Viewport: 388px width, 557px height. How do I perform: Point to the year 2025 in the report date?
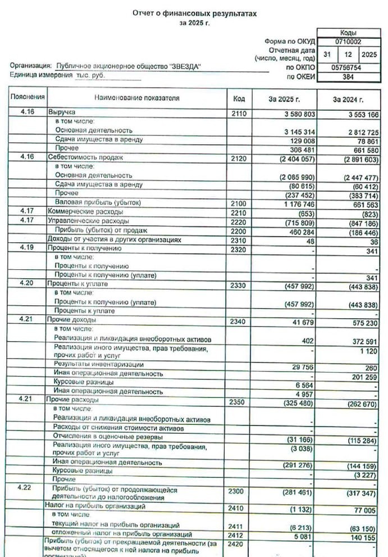369,55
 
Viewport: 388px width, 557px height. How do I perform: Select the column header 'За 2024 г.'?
348,99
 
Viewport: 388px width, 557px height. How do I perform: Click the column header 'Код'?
239,99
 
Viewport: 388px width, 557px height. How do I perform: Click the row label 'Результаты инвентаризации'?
99,364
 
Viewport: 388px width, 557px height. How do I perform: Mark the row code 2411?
239,525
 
